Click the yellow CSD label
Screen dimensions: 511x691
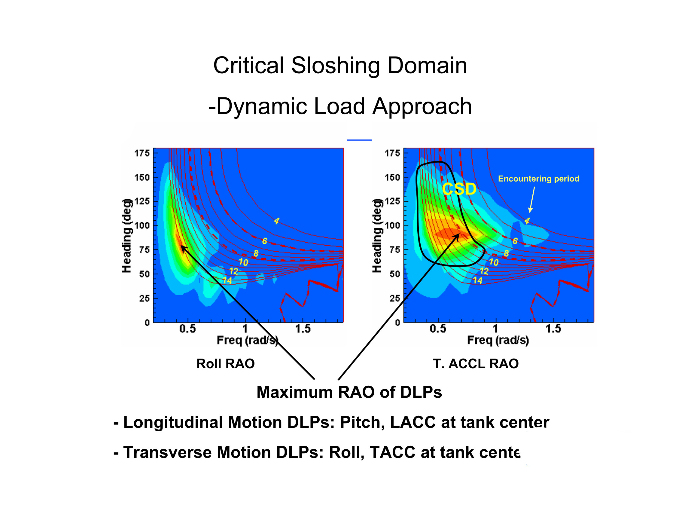[459, 189]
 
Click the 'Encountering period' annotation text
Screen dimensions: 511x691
[538, 179]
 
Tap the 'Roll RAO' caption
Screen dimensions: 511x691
[225, 364]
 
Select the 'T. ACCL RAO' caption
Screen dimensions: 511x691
[476, 364]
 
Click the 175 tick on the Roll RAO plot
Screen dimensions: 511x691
[142, 153]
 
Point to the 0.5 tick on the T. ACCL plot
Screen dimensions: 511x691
[438, 329]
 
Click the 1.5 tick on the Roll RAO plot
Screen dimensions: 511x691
[303, 329]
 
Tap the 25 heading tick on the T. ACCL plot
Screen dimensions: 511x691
[394, 298]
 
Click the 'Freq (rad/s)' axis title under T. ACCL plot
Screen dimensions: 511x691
[498, 340]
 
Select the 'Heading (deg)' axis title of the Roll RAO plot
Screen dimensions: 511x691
[126, 236]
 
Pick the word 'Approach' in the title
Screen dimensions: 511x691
[422, 106]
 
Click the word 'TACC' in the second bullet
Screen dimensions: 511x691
[392, 452]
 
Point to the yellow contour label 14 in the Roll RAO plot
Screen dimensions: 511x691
[227, 280]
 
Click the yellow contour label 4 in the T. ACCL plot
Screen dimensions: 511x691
[527, 221]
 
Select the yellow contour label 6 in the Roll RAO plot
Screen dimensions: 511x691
[264, 241]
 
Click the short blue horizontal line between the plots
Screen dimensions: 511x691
[359, 140]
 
